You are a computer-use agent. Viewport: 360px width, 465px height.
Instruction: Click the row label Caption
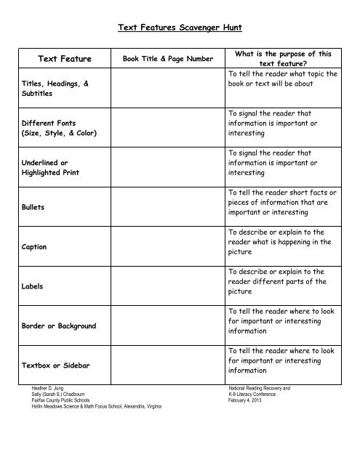point(34,247)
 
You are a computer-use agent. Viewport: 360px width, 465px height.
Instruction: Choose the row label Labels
point(32,286)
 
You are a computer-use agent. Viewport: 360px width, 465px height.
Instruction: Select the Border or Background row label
point(59,326)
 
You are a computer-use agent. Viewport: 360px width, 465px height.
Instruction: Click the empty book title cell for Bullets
point(167,207)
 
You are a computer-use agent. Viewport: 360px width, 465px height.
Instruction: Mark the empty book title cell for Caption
point(167,247)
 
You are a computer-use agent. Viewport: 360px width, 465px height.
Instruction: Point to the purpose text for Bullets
point(281,202)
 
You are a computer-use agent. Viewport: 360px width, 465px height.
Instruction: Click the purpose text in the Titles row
point(281,78)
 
